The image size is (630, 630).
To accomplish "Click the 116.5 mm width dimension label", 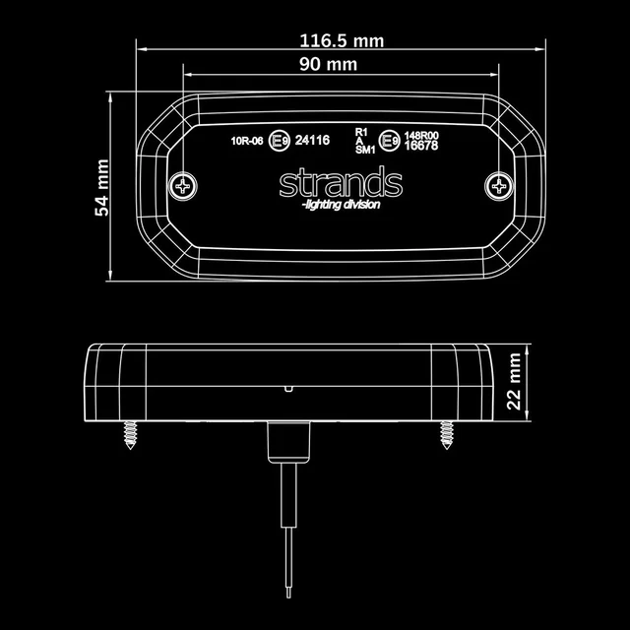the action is click(x=342, y=41).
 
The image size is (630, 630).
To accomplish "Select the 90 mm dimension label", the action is click(x=328, y=64).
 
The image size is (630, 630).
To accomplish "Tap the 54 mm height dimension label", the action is click(x=102, y=188).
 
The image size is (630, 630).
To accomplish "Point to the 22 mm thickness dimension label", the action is click(x=514, y=382).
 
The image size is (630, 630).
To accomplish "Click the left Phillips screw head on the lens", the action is click(x=183, y=186).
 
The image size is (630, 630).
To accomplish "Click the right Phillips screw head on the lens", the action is click(x=499, y=186).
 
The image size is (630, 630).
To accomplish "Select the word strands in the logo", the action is click(x=341, y=183).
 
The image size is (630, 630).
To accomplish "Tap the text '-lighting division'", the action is click(x=341, y=205).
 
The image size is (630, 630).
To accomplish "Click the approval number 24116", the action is click(x=312, y=140).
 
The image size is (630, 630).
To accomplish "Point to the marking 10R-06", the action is click(x=247, y=141).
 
